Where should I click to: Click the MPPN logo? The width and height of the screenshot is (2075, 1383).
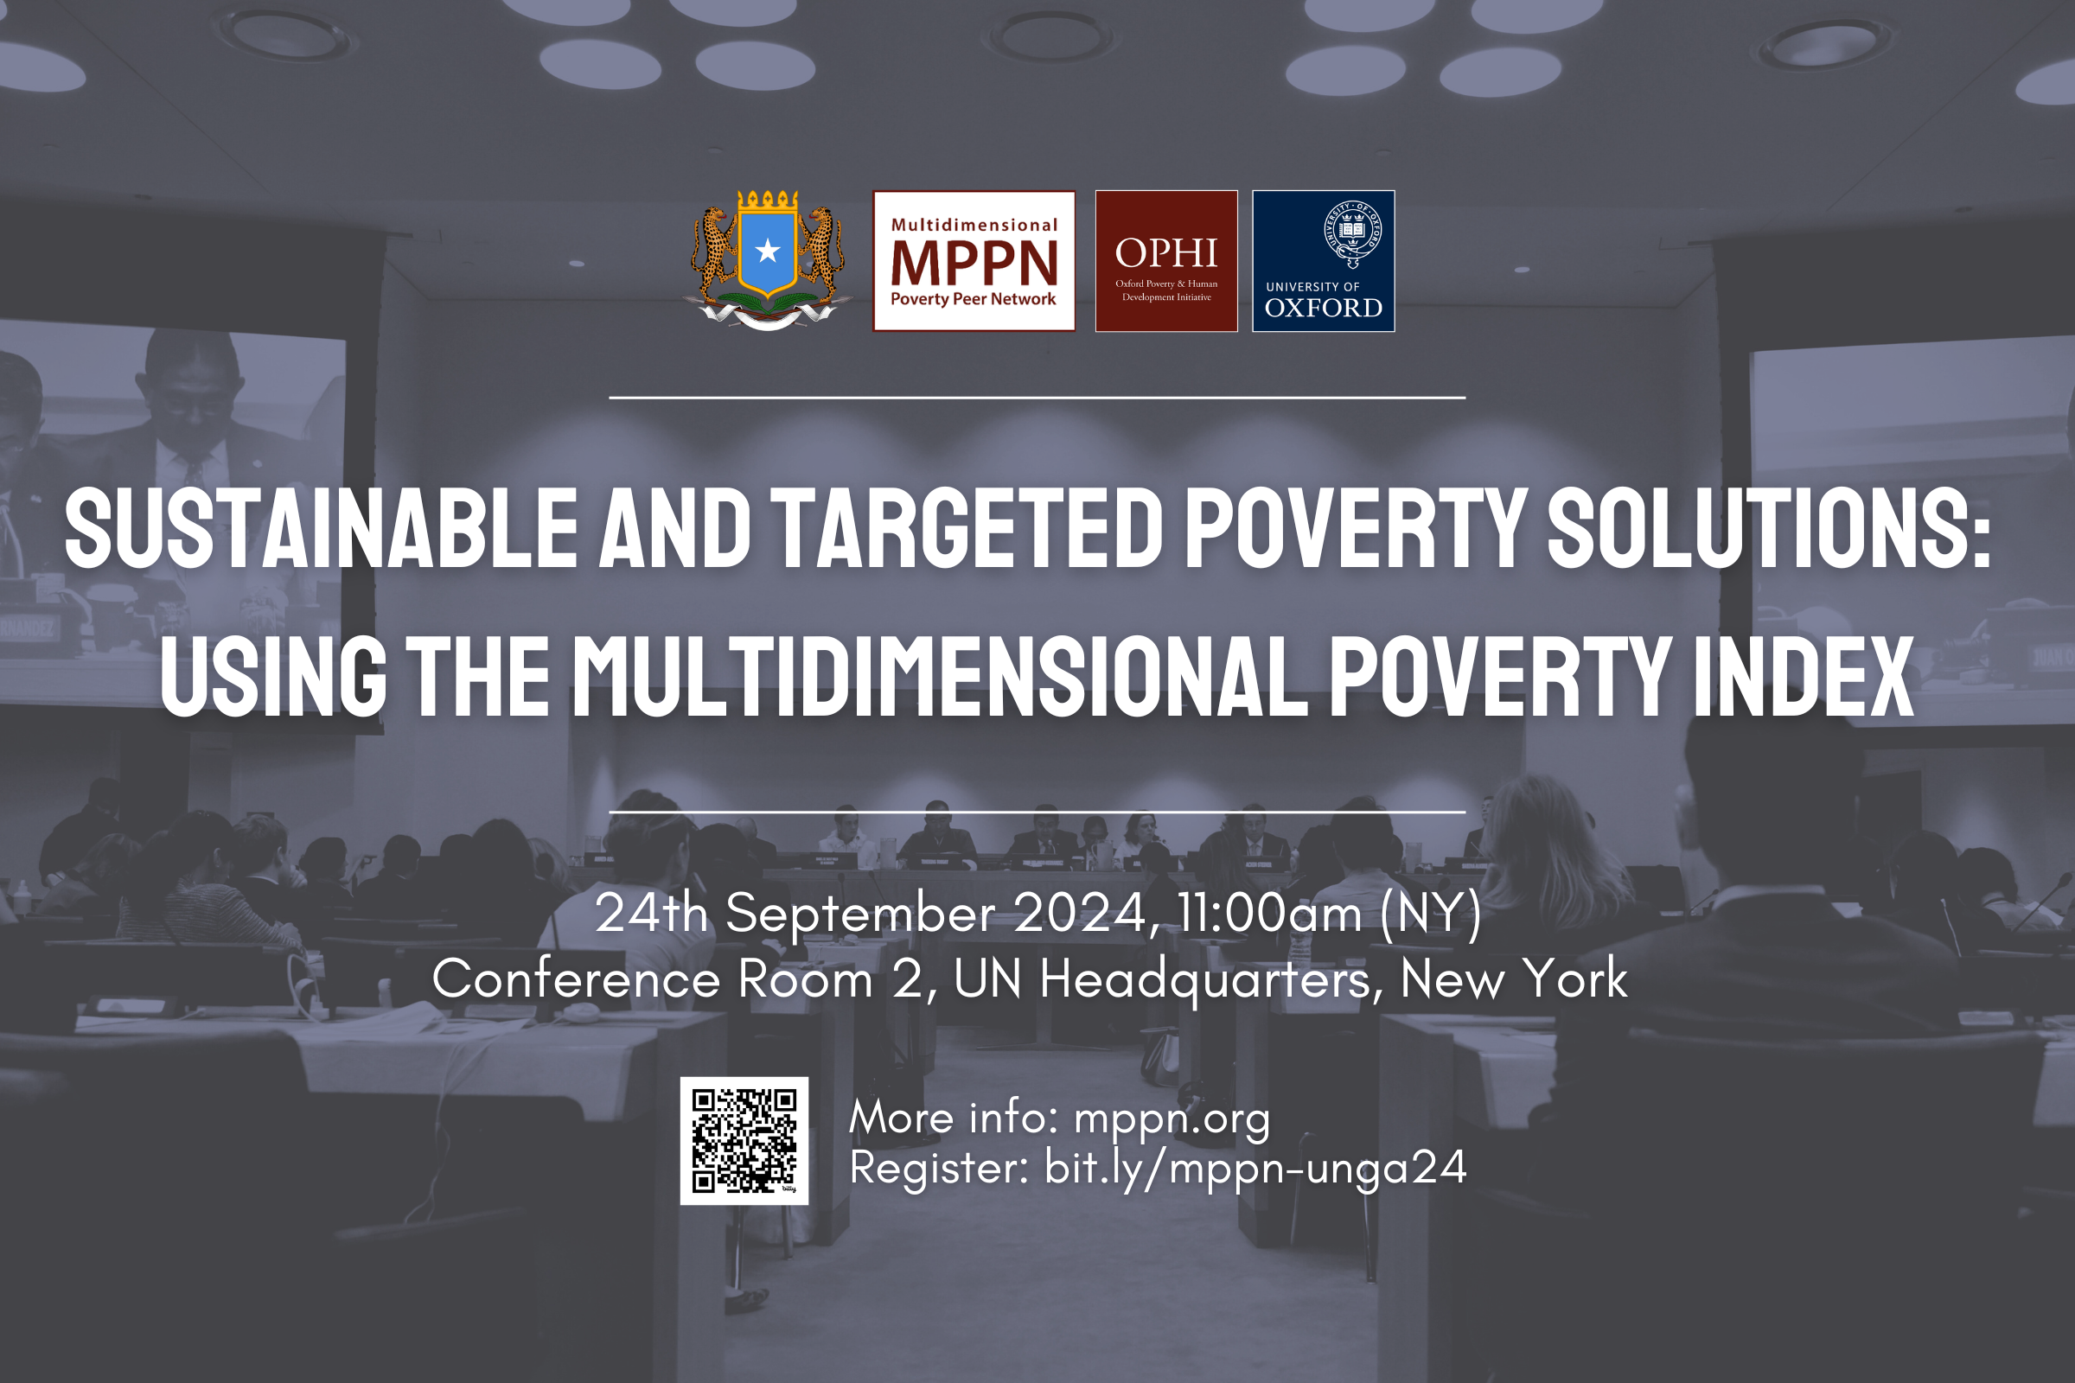click(x=974, y=261)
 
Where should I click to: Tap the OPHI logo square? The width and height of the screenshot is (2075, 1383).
click(x=1166, y=261)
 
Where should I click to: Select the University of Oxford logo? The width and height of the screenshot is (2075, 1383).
click(x=1324, y=261)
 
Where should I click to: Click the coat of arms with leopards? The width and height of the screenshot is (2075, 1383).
click(x=768, y=260)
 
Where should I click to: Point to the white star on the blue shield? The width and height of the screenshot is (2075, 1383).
click(x=768, y=252)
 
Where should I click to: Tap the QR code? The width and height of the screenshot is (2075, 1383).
click(x=744, y=1140)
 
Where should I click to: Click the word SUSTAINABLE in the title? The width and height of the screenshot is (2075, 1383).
click(x=321, y=528)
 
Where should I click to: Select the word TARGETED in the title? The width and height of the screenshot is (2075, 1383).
click(x=967, y=528)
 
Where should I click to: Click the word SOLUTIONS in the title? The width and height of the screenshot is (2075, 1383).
click(x=1769, y=528)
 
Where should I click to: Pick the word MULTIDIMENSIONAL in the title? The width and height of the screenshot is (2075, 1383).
click(x=941, y=677)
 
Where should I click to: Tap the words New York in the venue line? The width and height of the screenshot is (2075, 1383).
click(x=1514, y=979)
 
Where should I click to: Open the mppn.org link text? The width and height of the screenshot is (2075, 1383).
click(x=1172, y=1119)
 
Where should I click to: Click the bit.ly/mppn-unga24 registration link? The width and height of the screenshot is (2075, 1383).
click(x=1255, y=1169)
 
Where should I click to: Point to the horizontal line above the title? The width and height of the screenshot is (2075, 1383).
click(x=1037, y=398)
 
